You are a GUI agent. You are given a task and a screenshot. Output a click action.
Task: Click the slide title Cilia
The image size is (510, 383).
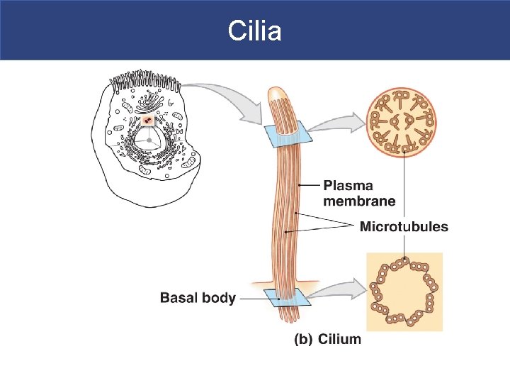pos(255,30)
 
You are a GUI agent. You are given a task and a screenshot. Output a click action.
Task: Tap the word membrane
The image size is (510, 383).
pos(359,201)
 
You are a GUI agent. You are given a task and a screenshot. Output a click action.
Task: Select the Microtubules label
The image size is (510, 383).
pos(404,227)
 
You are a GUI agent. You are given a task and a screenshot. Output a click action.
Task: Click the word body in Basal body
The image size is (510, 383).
pos(220,298)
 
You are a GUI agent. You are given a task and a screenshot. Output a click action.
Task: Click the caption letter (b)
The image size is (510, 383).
pos(303,339)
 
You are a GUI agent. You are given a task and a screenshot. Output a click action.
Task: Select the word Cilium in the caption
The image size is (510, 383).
pos(339,339)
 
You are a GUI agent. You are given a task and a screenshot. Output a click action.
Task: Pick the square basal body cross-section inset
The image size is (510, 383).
pos(404,292)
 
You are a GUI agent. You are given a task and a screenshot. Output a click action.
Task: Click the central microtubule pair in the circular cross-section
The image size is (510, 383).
pos(403,121)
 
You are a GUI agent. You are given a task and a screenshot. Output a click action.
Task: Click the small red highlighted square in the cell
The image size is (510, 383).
pos(147,121)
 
